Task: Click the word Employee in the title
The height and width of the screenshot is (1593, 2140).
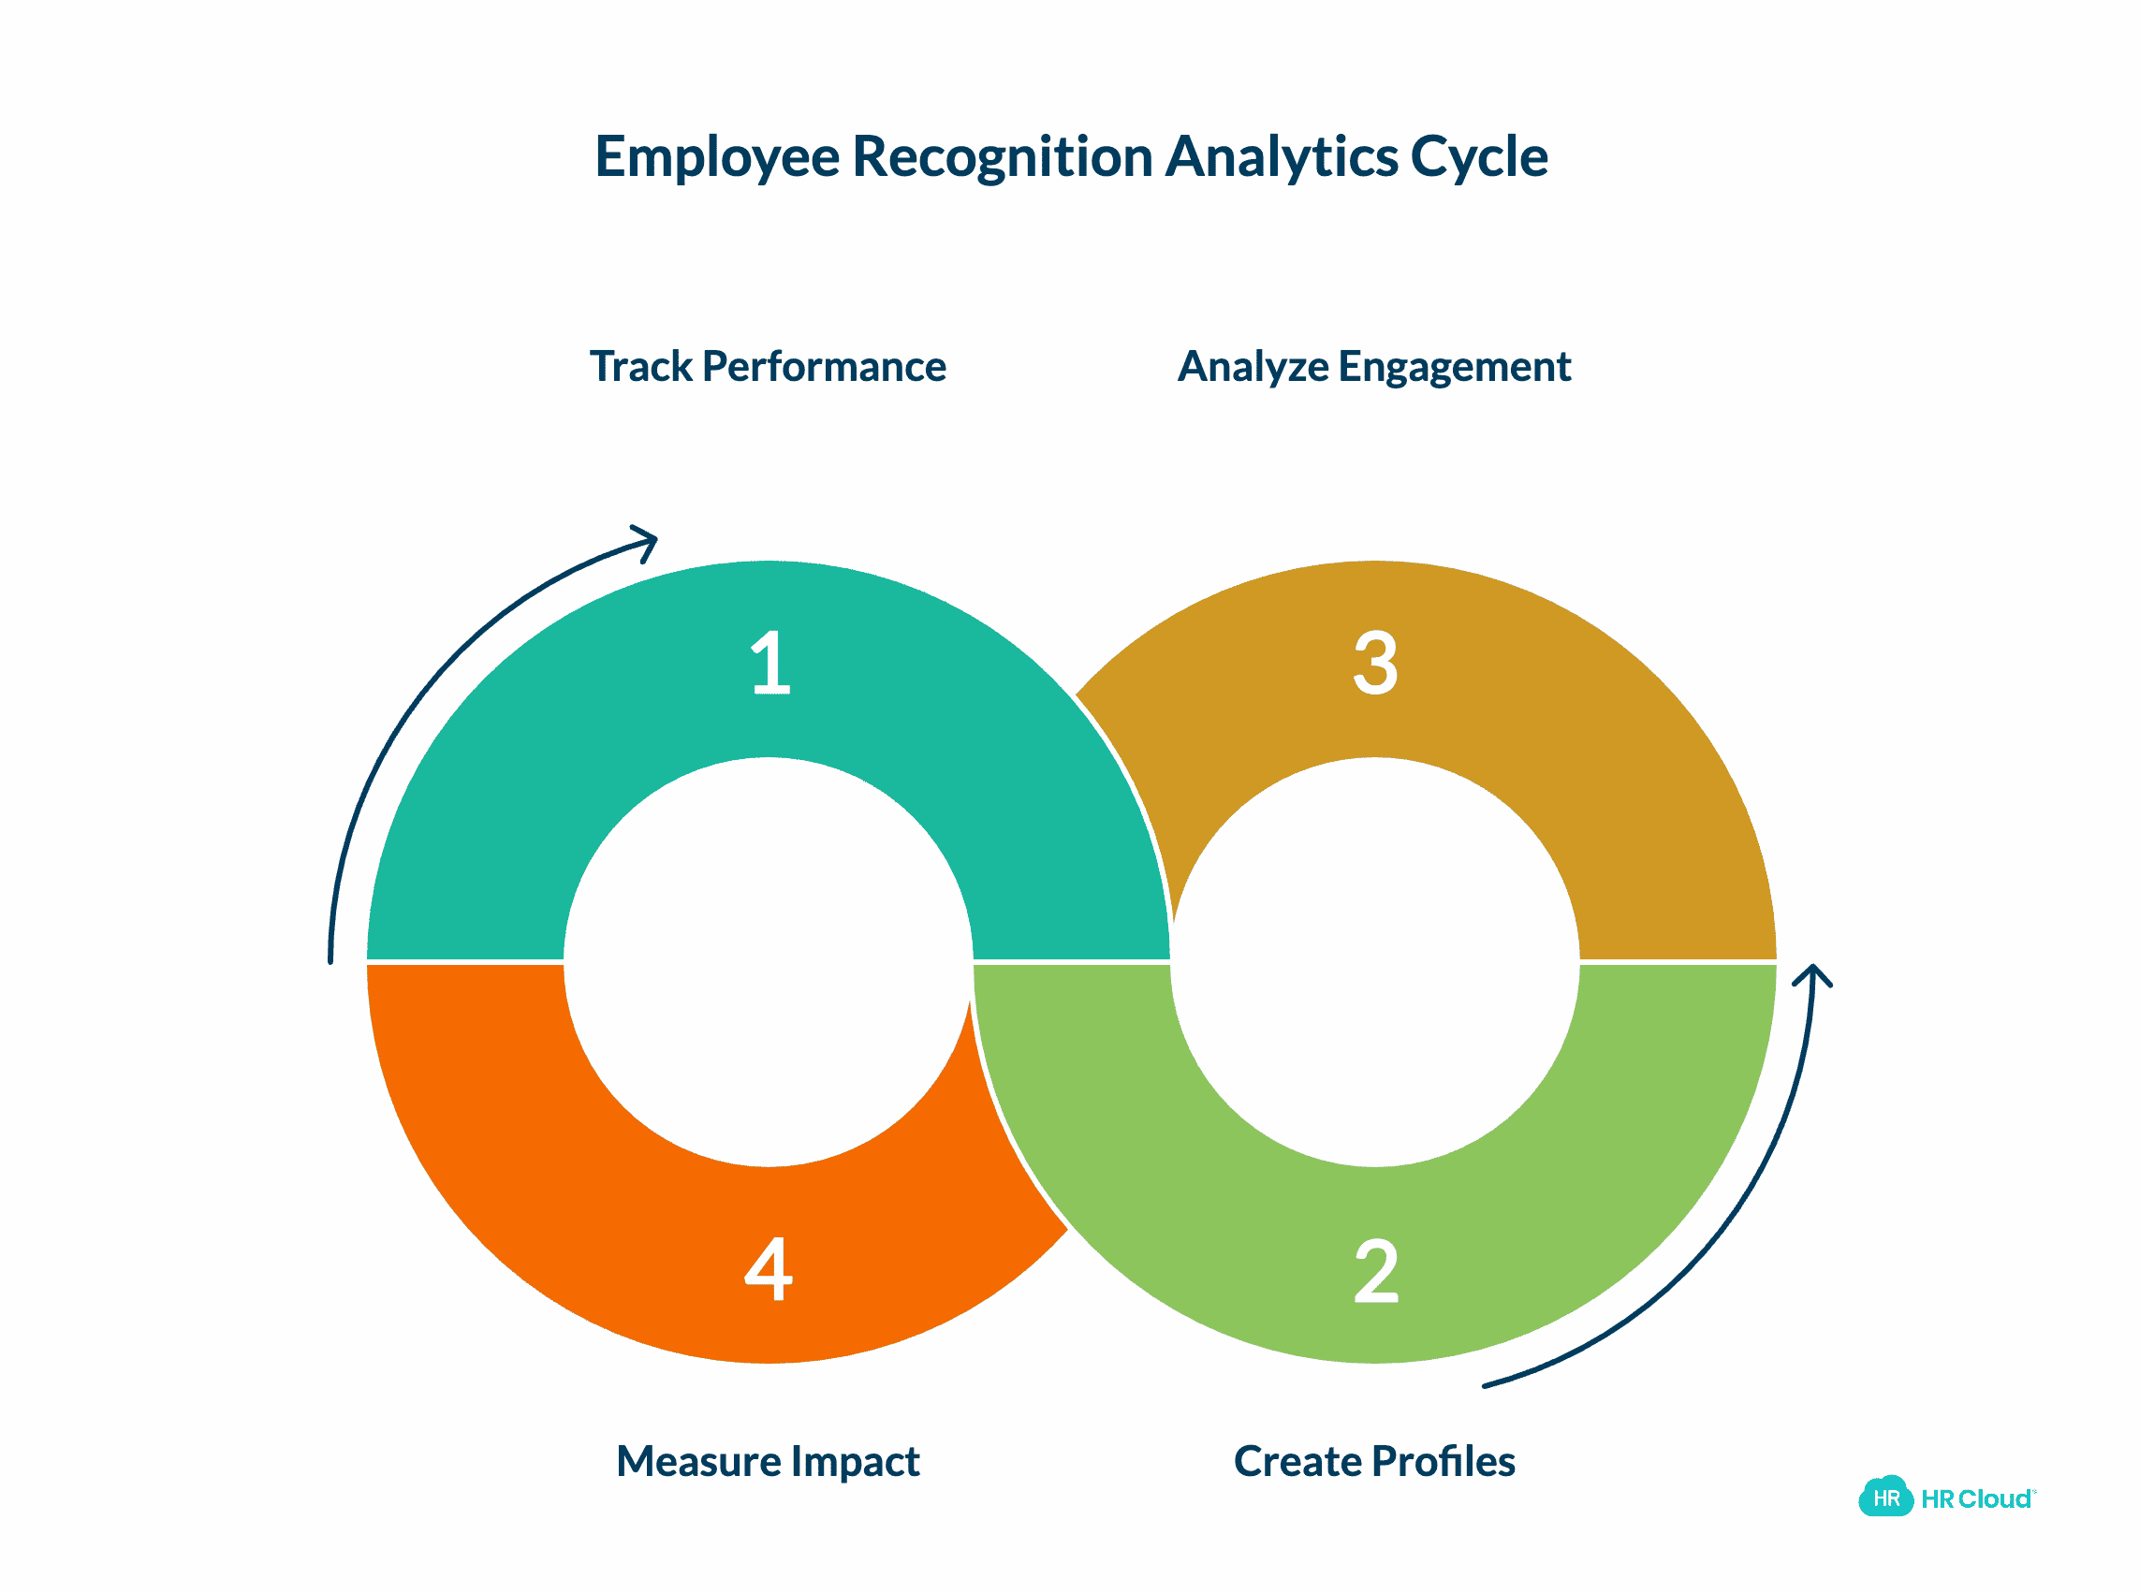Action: pos(716,157)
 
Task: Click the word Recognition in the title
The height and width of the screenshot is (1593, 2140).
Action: pos(1002,157)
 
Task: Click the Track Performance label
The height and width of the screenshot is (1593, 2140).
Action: pos(768,367)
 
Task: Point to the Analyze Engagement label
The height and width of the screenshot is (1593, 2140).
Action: pos(1373,367)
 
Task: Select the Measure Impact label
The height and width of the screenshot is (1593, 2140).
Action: pos(768,1461)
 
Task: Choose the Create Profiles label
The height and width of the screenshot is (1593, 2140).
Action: pos(1373,1461)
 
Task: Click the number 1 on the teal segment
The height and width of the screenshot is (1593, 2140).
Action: pos(770,663)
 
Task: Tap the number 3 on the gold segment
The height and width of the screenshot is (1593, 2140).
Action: pos(1374,663)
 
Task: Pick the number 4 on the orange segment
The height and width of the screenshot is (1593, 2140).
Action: pos(768,1269)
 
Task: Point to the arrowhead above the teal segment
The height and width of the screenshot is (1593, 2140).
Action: pos(647,541)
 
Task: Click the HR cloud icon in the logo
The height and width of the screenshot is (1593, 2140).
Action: pos(1884,1498)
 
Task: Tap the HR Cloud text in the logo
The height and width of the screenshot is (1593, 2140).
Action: pos(1975,1498)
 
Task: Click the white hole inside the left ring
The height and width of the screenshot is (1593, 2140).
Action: pos(768,961)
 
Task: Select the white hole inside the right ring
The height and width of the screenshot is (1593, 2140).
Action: pos(1374,961)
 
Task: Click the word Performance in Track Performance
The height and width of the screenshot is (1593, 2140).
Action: pos(824,367)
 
